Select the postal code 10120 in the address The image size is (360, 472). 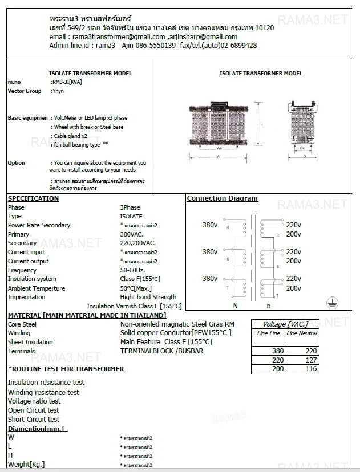point(264,28)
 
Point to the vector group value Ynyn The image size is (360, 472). point(58,91)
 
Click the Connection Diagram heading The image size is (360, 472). point(222,198)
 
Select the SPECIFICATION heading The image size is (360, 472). point(33,198)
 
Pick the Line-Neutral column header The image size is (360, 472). point(302,333)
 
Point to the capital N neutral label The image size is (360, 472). point(236,306)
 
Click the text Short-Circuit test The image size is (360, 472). point(34,420)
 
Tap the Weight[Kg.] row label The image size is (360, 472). point(26,464)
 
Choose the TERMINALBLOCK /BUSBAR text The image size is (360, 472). point(162,351)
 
